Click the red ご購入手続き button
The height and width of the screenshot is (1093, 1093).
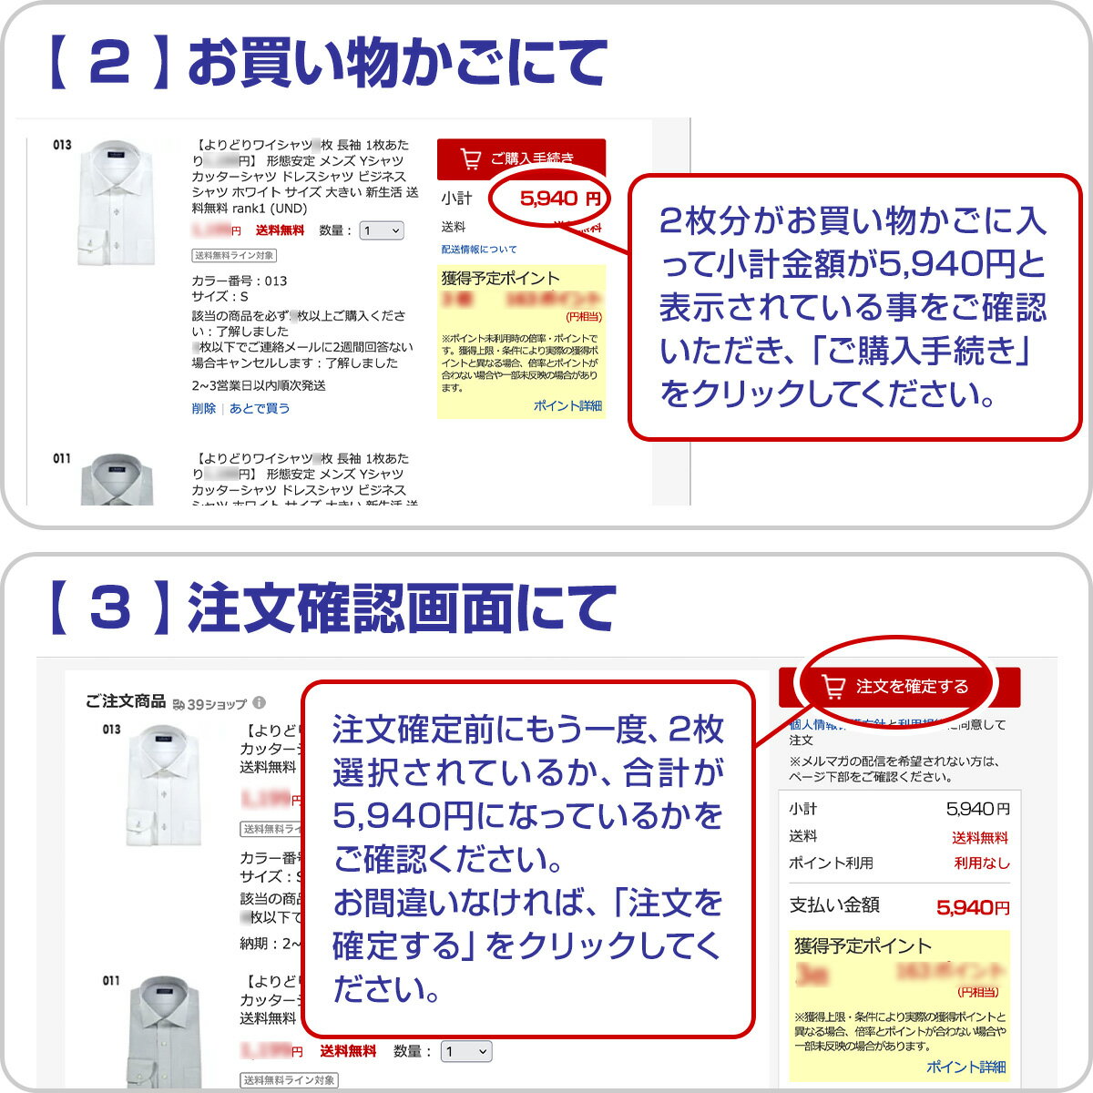pyautogui.click(x=521, y=158)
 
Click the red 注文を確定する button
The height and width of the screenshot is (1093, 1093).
pyautogui.click(x=899, y=686)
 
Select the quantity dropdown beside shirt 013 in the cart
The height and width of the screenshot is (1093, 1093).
pyautogui.click(x=382, y=231)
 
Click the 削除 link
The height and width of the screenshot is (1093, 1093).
pyautogui.click(x=203, y=409)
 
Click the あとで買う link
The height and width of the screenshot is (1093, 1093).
pyautogui.click(x=260, y=409)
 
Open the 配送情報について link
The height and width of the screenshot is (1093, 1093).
pyautogui.click(x=479, y=250)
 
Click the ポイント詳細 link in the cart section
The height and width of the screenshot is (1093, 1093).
pyautogui.click(x=567, y=406)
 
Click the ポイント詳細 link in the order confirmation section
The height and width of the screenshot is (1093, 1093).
pyautogui.click(x=965, y=1067)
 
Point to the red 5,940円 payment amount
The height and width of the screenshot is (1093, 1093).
pyautogui.click(x=973, y=907)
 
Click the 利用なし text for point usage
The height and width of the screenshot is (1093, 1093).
pyautogui.click(x=982, y=863)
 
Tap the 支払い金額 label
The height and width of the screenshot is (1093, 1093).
pyautogui.click(x=834, y=905)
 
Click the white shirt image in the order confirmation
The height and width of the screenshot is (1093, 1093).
pyautogui.click(x=164, y=783)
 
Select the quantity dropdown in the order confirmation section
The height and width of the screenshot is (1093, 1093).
pyautogui.click(x=466, y=1052)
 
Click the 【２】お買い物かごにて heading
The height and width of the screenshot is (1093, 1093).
pyautogui.click(x=328, y=64)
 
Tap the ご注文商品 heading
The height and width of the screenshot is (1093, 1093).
pyautogui.click(x=126, y=701)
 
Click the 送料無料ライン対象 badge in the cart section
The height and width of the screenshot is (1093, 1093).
pyautogui.click(x=234, y=256)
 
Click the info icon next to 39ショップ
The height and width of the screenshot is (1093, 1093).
pyautogui.click(x=260, y=703)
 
